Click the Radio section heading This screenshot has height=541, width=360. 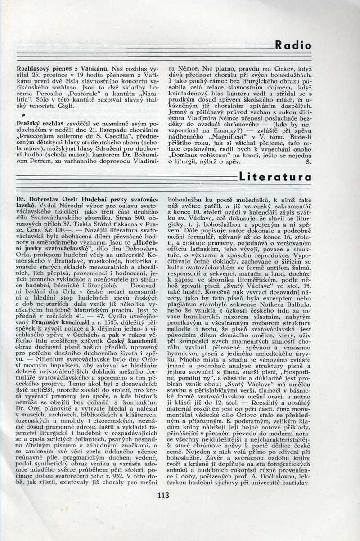pyautogui.click(x=293, y=45)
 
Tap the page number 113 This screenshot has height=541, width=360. pyautogui.click(x=163, y=496)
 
